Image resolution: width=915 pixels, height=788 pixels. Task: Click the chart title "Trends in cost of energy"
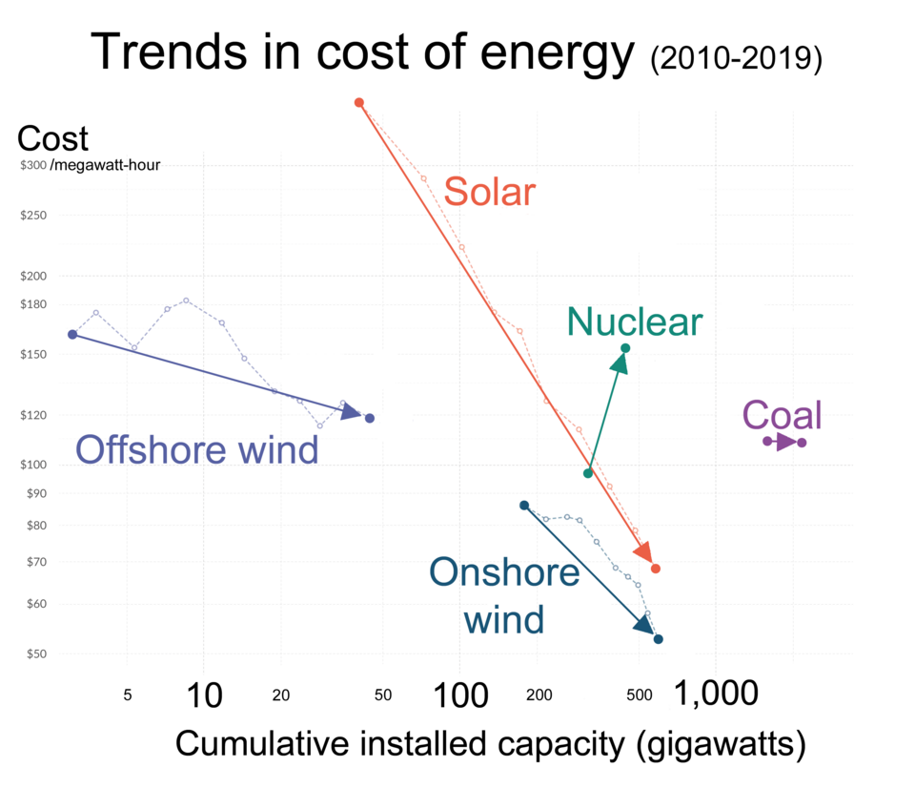[362, 52]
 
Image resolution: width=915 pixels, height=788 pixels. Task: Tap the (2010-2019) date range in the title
[735, 58]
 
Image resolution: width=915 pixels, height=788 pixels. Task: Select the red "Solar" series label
[490, 193]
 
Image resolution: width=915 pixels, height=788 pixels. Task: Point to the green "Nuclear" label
[634, 322]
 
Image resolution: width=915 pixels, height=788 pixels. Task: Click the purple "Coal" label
[782, 416]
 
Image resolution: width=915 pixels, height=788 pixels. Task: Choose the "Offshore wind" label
[196, 448]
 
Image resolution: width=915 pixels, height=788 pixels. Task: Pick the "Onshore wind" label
[504, 596]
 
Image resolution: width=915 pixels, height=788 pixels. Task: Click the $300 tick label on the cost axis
[33, 165]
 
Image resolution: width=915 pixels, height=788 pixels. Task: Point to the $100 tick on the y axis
[33, 465]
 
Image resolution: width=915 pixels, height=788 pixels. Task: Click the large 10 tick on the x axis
[203, 695]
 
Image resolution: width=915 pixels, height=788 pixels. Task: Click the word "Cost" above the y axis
[52, 138]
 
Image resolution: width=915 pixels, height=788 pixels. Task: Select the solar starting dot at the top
[359, 102]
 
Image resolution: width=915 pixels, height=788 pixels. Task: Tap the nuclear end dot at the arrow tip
[625, 348]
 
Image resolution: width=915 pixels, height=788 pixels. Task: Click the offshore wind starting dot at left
[72, 334]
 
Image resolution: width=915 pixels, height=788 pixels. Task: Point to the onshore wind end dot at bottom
[658, 639]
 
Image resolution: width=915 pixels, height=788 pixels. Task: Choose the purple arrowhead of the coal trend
[785, 442]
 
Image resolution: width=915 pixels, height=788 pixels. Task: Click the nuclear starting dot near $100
[588, 473]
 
